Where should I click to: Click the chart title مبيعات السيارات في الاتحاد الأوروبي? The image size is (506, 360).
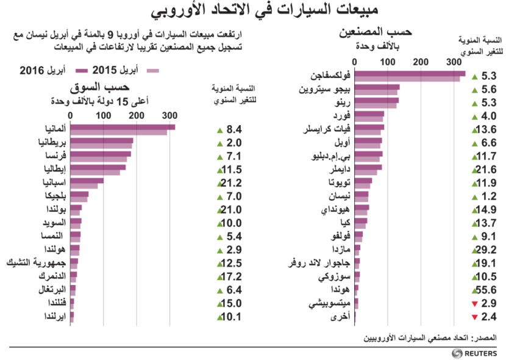pos(253,10)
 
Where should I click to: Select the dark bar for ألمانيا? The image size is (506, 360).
pos(123,127)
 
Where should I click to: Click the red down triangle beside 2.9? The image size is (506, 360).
pos(474,303)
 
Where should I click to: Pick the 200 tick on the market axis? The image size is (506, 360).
pos(136,114)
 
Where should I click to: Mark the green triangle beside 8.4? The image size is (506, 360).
pos(218,129)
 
